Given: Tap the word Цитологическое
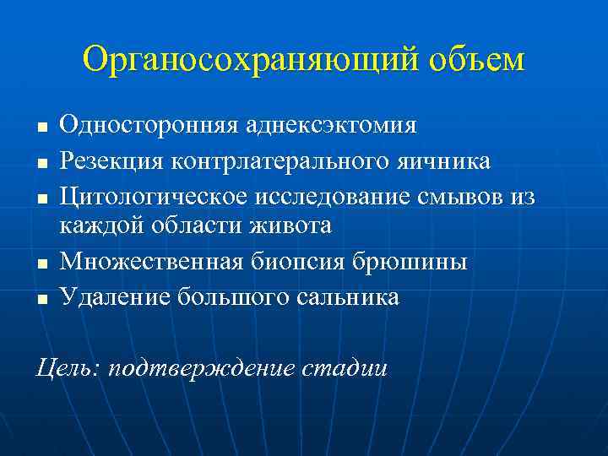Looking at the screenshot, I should pyautogui.click(x=151, y=194).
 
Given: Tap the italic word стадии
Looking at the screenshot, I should pyautogui.click(x=343, y=367).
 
